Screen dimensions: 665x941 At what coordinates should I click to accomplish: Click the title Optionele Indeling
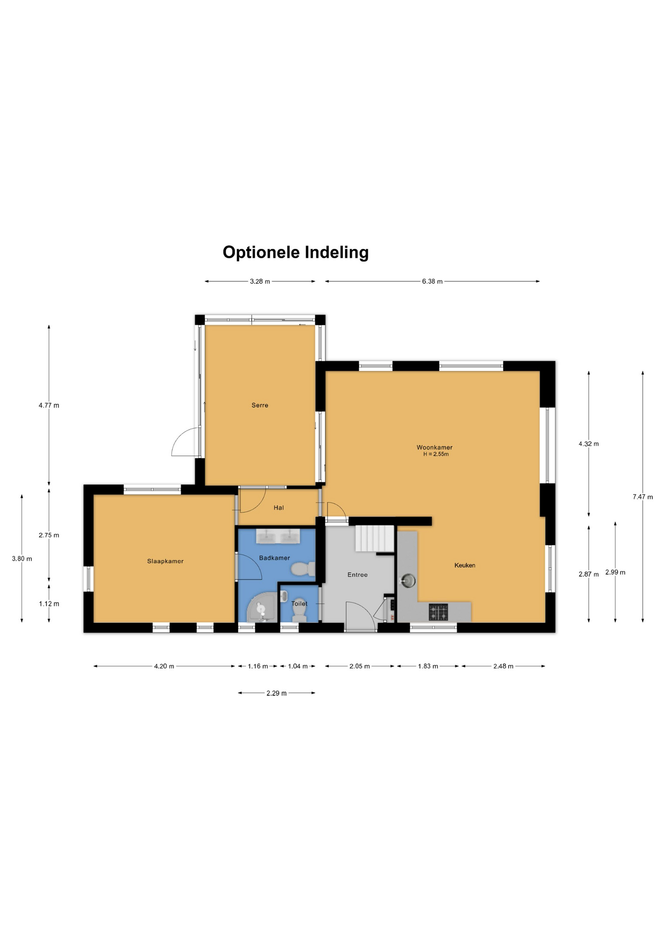[x=295, y=252]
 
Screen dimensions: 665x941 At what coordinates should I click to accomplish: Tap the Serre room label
[x=260, y=405]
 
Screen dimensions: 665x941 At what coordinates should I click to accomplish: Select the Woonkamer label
[x=434, y=447]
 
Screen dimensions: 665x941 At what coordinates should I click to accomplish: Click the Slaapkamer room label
[x=165, y=561]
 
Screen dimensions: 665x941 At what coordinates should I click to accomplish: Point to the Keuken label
[x=465, y=565]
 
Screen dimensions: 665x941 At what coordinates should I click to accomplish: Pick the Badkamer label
[x=274, y=558]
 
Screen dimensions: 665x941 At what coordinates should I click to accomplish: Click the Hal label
[x=279, y=508]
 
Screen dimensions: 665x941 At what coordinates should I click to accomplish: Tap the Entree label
[x=357, y=575]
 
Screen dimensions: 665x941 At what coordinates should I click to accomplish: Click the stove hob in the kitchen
[x=438, y=612]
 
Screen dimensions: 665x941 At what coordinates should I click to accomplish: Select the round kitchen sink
[x=408, y=581]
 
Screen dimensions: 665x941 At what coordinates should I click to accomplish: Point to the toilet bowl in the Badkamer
[x=303, y=570]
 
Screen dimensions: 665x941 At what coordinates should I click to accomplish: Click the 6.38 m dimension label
[x=432, y=281]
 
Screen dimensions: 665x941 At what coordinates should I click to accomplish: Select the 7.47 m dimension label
[x=642, y=497]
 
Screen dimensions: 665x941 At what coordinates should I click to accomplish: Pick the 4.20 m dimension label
[x=164, y=666]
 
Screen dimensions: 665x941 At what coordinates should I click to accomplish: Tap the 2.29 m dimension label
[x=277, y=693]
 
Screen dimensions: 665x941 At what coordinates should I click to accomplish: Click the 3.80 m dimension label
[x=22, y=559]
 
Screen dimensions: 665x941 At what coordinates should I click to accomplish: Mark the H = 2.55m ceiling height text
[x=436, y=454]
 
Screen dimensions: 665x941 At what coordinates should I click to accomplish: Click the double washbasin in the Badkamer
[x=278, y=537]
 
